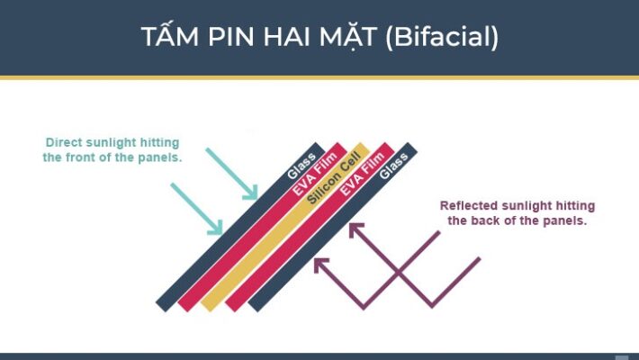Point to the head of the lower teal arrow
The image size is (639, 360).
tap(218, 231)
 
